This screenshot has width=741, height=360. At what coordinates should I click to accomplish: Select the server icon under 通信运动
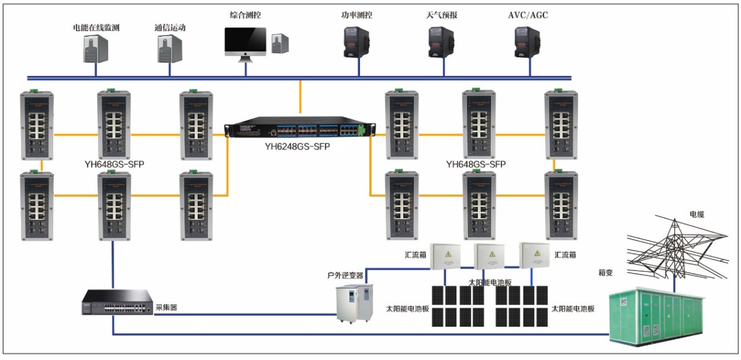coord(169,48)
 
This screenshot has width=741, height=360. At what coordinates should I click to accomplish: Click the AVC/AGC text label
coord(528,14)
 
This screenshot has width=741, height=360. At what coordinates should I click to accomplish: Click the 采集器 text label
coord(167,307)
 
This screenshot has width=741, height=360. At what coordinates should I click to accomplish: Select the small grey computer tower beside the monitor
coord(280,44)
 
